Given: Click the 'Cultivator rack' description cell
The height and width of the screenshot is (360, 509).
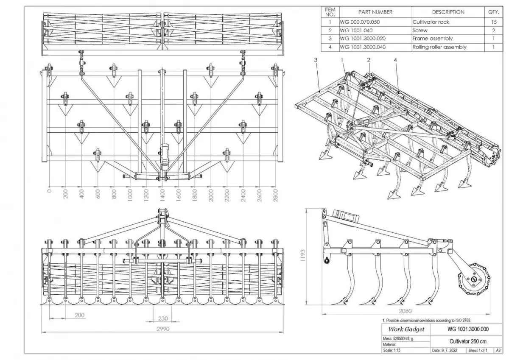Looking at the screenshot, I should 431,22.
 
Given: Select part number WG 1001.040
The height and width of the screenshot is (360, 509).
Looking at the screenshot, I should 357,31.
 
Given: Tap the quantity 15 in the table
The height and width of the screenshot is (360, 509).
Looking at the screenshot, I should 493,22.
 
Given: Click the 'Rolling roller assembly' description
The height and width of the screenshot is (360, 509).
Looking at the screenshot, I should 439,47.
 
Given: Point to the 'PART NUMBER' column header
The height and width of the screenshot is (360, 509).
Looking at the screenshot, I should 375,12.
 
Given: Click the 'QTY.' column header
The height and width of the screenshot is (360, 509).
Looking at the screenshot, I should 493,12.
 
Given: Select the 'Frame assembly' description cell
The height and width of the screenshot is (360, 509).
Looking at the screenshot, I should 432,39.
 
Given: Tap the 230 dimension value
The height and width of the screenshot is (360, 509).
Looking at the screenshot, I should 163,318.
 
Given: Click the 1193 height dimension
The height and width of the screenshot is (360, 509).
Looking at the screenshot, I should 303,255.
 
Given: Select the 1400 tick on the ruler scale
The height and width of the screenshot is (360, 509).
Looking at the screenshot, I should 162,196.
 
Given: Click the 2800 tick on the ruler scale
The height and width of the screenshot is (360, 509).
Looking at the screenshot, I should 276,196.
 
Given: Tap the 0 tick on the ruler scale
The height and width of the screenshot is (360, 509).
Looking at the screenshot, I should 50,192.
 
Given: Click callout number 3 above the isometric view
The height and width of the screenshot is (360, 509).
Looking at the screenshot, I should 316,60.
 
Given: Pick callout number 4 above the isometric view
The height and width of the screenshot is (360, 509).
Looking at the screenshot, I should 395,60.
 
